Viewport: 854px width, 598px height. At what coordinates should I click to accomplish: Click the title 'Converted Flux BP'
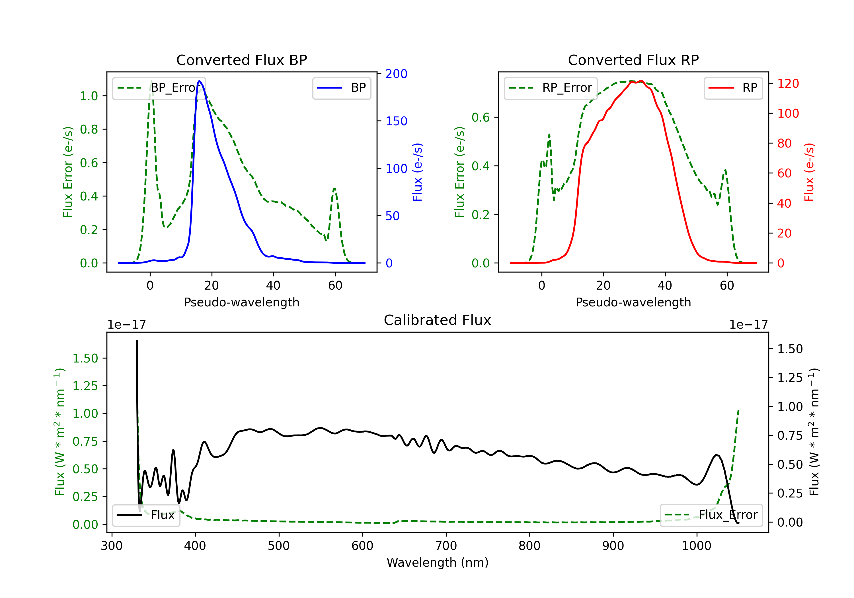click(241, 60)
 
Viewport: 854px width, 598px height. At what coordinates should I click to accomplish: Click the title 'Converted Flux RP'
click(633, 60)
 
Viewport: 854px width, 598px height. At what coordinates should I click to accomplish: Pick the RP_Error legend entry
click(551, 88)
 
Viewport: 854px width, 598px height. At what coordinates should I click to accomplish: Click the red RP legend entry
click(733, 88)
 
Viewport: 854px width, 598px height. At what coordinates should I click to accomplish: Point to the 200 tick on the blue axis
click(396, 74)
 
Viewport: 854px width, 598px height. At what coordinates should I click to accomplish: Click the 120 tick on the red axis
click(788, 83)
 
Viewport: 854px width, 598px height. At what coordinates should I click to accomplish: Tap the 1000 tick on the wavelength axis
click(696, 546)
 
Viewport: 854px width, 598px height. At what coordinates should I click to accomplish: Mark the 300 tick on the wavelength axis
click(112, 546)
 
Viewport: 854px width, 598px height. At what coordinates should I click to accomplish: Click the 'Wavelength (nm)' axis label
click(438, 562)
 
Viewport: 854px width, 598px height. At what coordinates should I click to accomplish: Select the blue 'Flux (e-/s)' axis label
click(417, 172)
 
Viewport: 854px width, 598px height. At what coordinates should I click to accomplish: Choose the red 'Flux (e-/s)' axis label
click(809, 172)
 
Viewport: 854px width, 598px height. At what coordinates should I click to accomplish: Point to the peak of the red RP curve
click(641, 81)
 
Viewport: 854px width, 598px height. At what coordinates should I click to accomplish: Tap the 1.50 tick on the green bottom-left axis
click(85, 358)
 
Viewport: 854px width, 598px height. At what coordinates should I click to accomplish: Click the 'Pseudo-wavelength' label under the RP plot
click(633, 302)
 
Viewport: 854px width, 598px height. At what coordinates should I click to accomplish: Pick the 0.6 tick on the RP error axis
click(480, 118)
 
